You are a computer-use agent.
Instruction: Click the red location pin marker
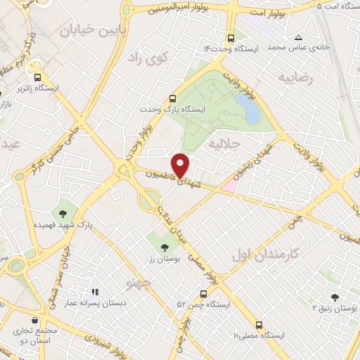tap(181, 165)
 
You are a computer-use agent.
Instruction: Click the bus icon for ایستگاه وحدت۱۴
tap(231, 39)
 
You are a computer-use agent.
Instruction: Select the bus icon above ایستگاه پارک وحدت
tap(173, 99)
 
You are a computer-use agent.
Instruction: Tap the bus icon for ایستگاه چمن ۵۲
tap(202, 294)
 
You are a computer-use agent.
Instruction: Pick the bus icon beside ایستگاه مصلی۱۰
tap(259, 325)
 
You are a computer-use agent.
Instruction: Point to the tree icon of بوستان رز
tap(165, 247)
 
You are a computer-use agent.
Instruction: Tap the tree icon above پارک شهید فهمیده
tap(64, 212)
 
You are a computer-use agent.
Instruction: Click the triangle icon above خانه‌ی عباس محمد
tap(298, 37)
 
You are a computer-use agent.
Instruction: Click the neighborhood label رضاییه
tap(295, 76)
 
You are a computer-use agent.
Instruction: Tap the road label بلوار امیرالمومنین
tap(179, 10)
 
